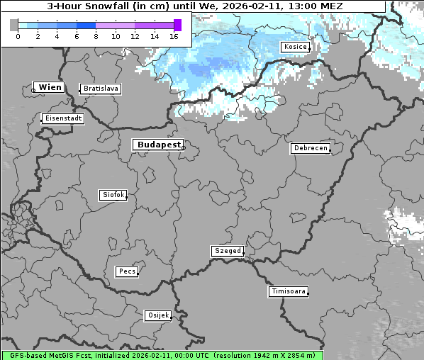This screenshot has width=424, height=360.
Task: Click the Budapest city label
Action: point(157,145)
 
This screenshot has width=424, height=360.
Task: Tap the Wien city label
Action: point(50,87)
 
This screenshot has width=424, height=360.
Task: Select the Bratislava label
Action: point(100,89)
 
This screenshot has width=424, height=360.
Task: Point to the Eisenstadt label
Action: point(63,118)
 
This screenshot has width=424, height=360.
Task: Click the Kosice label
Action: point(294,47)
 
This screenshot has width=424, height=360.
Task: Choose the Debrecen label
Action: point(309,148)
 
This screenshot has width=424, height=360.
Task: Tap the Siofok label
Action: point(113,195)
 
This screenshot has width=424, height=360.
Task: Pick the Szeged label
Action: point(228,251)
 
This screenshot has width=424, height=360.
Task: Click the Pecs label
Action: point(127,271)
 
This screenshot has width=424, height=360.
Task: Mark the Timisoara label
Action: point(289,291)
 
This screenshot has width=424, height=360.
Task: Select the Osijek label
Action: point(157,315)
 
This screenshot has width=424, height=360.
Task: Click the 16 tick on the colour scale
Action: point(174,35)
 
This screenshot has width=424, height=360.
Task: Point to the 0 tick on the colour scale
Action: point(18,35)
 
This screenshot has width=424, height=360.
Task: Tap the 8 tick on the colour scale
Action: point(96,35)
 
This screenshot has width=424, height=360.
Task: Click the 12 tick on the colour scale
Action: point(135,35)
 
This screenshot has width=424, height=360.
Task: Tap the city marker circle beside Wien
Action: point(33,90)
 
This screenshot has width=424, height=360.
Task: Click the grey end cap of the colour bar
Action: point(13,25)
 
